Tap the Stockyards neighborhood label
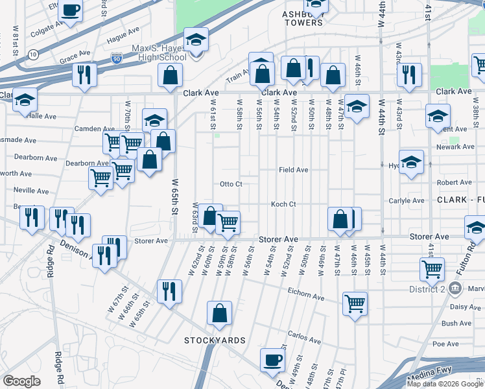pos(215,340)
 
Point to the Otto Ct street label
pos(231,184)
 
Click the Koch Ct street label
pos(283,204)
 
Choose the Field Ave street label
pos(293,170)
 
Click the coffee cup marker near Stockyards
pos(272,360)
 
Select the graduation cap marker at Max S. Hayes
pos(196,40)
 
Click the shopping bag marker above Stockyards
pos(220,314)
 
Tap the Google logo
pos(21,382)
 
